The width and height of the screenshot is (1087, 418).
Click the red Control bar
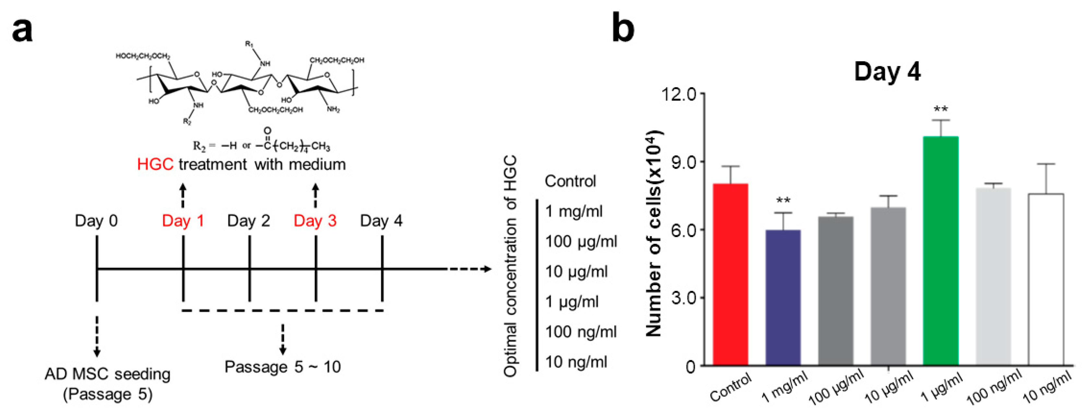tap(730, 275)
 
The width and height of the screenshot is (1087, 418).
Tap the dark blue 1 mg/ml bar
tap(783, 297)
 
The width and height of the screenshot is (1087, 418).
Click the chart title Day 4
tap(888, 72)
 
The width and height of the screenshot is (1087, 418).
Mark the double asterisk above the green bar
tap(940, 110)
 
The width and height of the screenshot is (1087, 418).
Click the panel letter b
tap(623, 28)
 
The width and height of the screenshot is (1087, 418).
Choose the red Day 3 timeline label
tap(315, 221)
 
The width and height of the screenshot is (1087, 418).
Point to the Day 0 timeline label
tap(96, 221)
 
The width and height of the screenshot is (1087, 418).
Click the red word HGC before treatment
tap(155, 164)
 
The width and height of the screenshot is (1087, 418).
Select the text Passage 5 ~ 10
tap(282, 367)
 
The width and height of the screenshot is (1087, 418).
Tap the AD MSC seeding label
tap(108, 375)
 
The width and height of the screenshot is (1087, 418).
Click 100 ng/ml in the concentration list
tap(581, 332)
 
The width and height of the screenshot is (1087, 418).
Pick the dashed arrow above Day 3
tap(315, 195)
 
